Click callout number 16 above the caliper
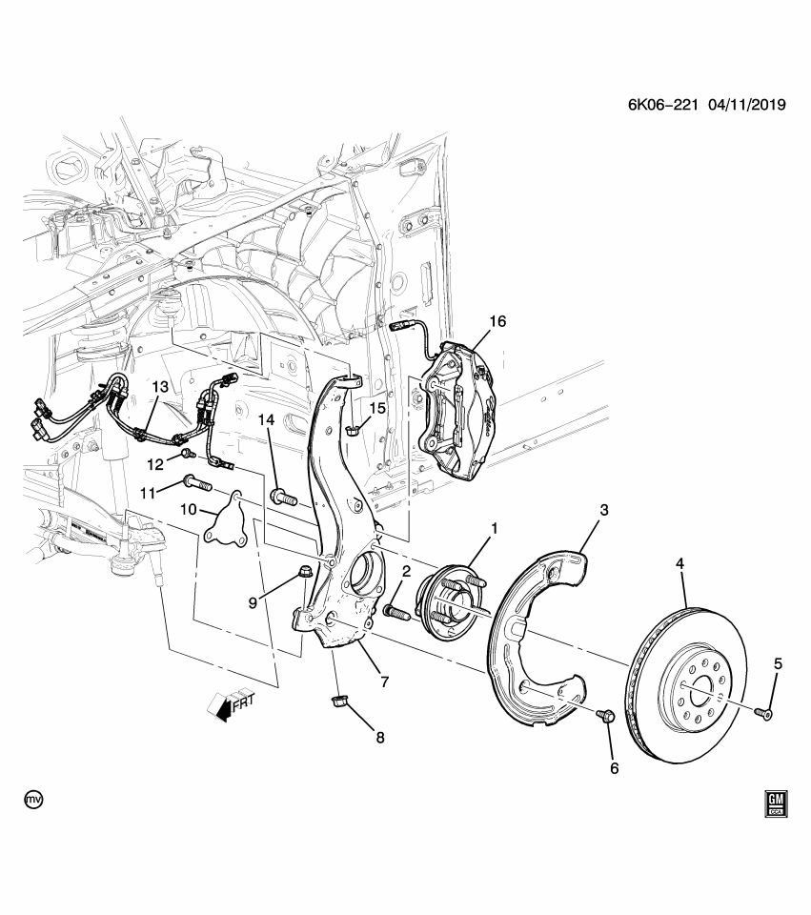click(497, 321)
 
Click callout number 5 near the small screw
click(778, 663)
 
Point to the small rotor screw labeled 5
click(764, 711)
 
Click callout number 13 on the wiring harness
click(158, 386)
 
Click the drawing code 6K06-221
click(656, 106)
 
